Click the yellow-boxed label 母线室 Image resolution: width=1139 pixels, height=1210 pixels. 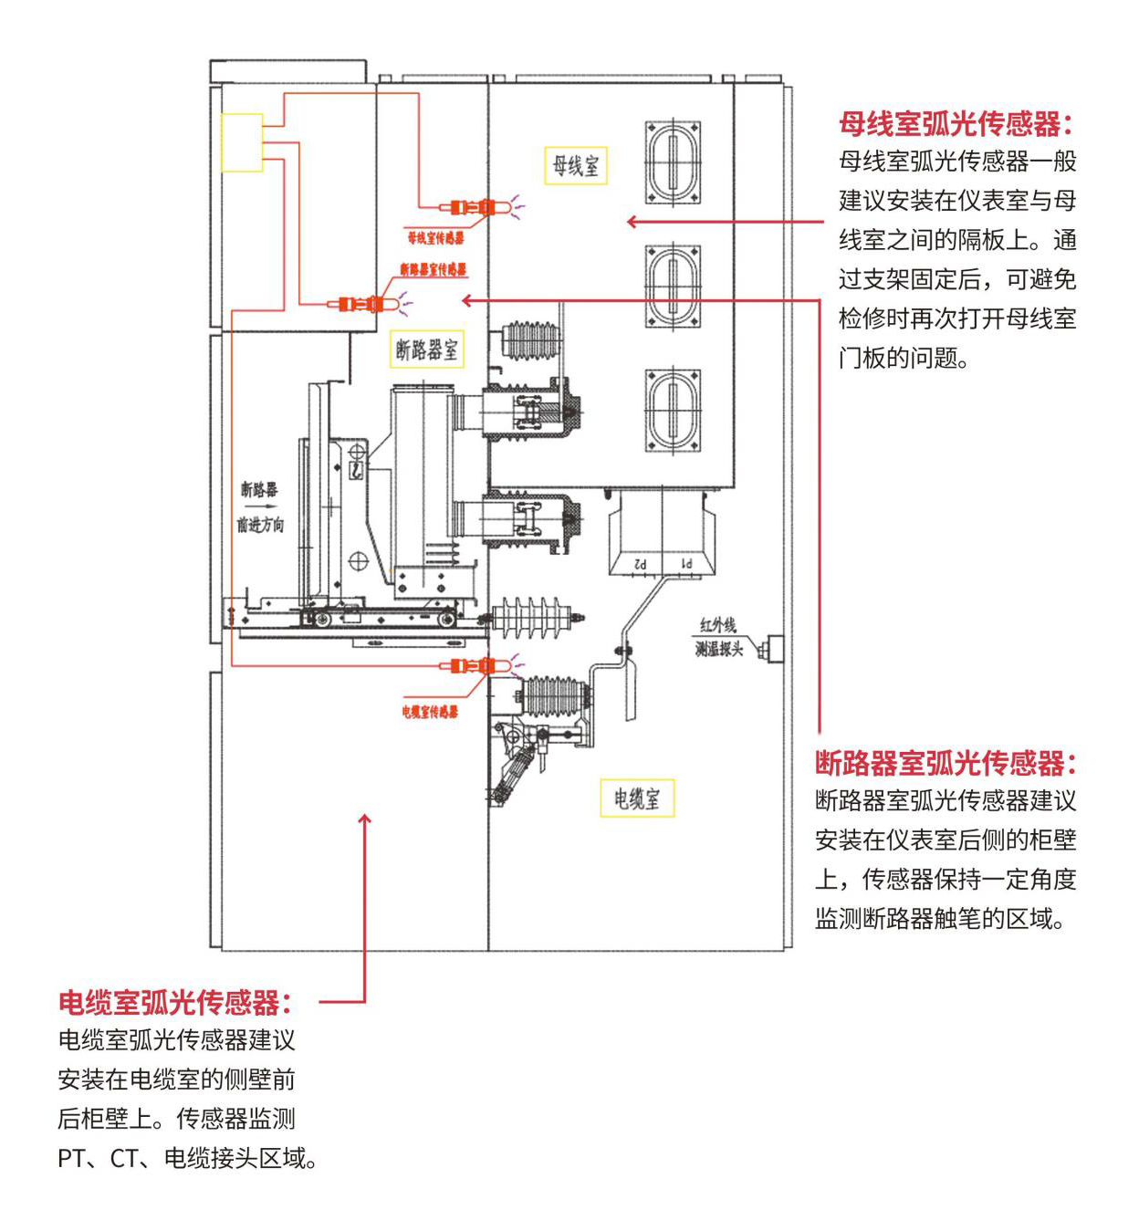coord(576,165)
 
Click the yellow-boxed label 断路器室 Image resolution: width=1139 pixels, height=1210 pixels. coord(426,349)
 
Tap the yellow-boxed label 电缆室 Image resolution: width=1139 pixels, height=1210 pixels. coord(636,798)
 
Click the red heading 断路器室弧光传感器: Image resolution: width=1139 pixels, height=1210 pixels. coord(946,763)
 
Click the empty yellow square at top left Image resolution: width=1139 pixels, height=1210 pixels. coord(242,142)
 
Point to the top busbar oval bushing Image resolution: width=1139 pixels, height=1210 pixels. coord(673,162)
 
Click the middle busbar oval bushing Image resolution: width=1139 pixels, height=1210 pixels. coord(673,286)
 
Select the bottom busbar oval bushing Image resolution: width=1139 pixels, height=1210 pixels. coord(673,410)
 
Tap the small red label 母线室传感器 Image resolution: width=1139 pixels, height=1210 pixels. coord(435,238)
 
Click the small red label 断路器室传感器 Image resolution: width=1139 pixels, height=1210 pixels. coord(433,269)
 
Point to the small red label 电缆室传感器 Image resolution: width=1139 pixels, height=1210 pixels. coord(430,712)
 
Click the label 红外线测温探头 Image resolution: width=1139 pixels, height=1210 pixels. coord(718,637)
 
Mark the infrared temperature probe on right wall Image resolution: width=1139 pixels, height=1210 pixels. coord(773,648)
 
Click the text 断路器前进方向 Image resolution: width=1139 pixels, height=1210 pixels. coord(260,506)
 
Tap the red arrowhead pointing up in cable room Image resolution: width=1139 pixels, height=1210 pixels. coord(365,819)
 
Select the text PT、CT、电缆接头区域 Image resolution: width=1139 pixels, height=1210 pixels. coord(187,1159)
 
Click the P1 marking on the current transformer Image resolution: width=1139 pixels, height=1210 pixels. coord(685,564)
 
